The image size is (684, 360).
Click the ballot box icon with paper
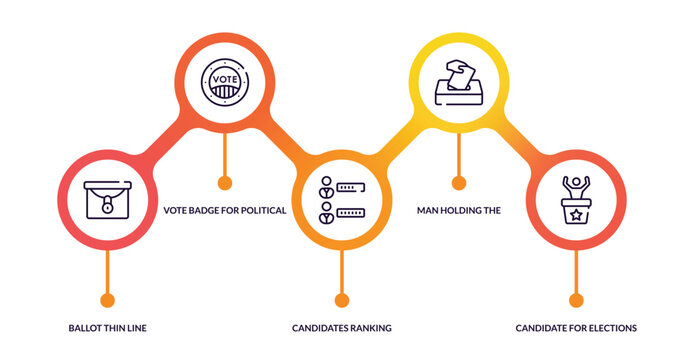tap(459, 81)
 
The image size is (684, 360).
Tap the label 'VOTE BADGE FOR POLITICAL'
tap(225, 211)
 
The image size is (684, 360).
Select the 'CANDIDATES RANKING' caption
tap(342, 328)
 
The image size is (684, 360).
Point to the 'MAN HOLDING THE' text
tap(458, 211)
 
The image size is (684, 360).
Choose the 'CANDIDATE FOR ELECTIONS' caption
tap(576, 328)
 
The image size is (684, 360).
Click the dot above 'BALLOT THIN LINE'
tap(107, 299)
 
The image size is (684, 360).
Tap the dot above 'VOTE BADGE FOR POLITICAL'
tap(224, 182)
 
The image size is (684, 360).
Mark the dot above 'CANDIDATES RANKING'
tap(342, 299)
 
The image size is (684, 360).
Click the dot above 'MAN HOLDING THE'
tap(459, 182)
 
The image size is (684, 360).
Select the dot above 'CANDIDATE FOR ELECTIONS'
tap(576, 299)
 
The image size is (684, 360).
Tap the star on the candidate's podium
tap(576, 213)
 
